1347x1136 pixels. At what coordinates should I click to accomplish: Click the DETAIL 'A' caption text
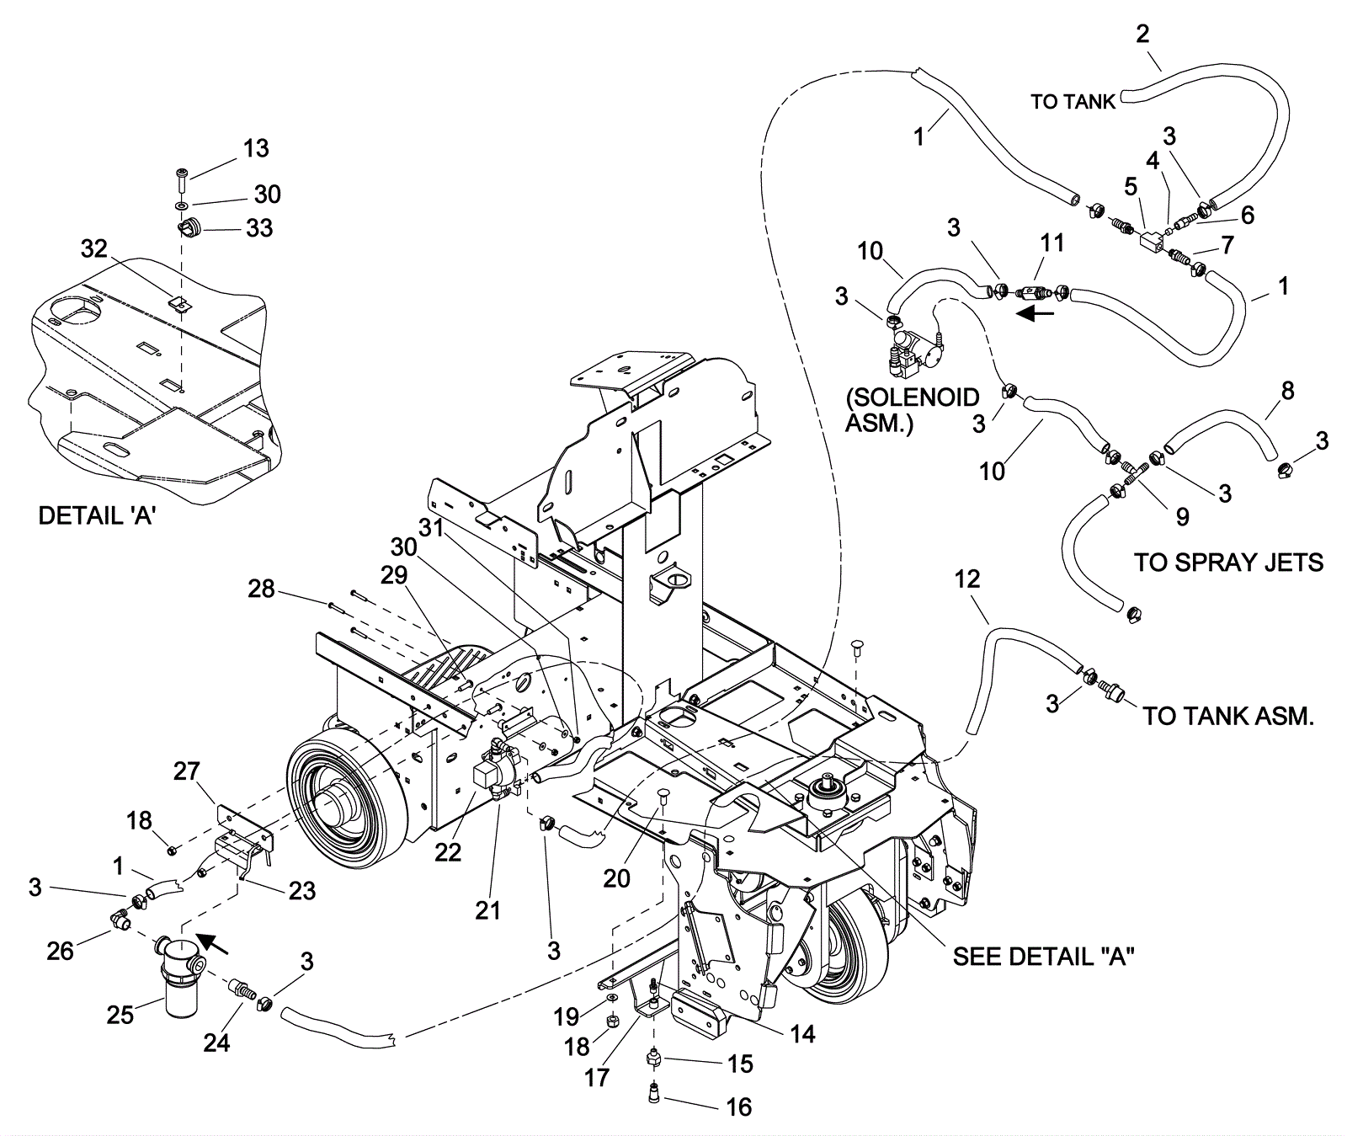[97, 516]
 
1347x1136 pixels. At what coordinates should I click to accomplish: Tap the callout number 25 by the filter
[120, 1015]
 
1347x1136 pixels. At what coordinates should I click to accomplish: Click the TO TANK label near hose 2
[1073, 102]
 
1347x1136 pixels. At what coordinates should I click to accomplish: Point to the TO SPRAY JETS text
[1228, 562]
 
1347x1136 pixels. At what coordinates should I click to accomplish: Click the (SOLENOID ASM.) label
[913, 409]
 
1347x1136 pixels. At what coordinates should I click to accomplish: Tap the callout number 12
[967, 579]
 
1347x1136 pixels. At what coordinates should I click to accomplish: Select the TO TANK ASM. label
[1227, 717]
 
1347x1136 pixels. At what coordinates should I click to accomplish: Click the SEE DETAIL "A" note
[1043, 956]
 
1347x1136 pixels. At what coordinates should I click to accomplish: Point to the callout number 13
[256, 148]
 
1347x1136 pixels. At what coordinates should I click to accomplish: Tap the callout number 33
[259, 228]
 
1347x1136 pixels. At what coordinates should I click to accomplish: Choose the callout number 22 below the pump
[448, 852]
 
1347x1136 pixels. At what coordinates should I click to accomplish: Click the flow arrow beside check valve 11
[1034, 314]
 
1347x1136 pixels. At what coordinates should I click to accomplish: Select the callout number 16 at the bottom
[738, 1107]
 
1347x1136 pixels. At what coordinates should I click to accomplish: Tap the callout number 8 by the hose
[1287, 391]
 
